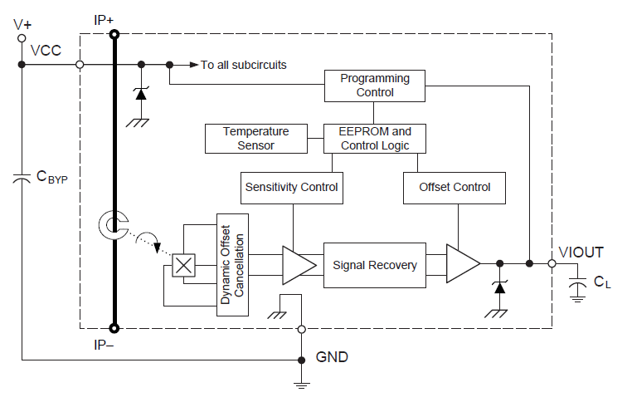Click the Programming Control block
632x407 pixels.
[375, 86]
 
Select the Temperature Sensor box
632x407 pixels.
[255, 139]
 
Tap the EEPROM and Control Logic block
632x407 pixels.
[375, 139]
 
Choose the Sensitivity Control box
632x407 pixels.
[292, 187]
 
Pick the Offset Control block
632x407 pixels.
[455, 187]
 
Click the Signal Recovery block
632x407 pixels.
[375, 265]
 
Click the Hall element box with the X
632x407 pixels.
[182, 266]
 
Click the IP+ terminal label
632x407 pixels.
[105, 17]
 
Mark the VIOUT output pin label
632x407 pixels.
[581, 252]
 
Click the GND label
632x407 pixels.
[332, 358]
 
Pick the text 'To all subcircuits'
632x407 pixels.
[244, 65]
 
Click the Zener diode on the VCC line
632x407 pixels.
[140, 94]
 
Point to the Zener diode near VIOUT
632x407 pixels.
[498, 287]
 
